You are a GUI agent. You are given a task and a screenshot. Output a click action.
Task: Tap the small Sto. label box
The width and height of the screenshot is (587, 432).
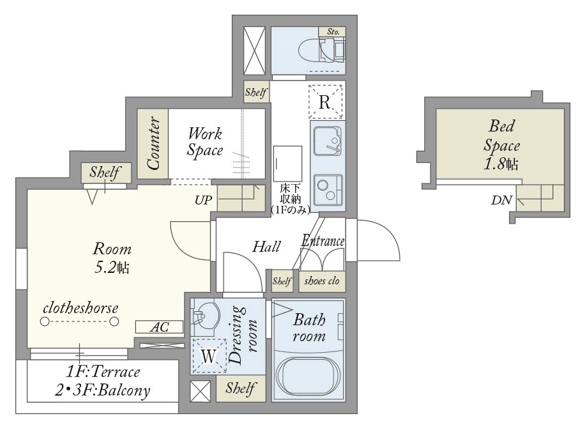332,32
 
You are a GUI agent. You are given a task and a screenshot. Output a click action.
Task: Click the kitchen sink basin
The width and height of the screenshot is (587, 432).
327,141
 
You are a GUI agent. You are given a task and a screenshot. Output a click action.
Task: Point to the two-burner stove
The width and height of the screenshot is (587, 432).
328,190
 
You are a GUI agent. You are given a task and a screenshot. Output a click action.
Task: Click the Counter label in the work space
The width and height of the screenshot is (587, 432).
153,144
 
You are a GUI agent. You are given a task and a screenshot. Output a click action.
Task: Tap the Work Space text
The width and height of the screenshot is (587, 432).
205,141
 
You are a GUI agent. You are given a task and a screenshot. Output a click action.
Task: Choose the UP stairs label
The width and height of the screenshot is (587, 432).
203,200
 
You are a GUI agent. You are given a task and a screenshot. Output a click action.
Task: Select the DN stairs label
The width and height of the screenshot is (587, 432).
501,200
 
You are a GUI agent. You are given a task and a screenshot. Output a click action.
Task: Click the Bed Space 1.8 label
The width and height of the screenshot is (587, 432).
501,145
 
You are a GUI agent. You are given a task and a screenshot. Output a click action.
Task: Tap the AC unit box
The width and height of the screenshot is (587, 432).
159,327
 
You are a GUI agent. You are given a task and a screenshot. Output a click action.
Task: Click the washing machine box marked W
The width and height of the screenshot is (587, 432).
208,356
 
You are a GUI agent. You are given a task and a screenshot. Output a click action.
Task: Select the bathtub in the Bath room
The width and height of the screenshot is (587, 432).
308,377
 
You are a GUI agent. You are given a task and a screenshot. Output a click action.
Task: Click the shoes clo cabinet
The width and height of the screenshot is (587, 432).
321,281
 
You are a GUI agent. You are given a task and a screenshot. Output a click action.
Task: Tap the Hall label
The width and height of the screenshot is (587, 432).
266,247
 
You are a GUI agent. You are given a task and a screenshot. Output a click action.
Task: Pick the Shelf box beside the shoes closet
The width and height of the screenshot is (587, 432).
282,281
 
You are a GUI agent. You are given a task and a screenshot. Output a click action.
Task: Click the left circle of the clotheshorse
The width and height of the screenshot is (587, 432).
45,321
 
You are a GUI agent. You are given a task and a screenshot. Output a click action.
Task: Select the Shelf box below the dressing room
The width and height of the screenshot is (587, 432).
241,389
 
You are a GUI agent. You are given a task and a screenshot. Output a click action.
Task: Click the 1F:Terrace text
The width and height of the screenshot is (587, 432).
103,372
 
